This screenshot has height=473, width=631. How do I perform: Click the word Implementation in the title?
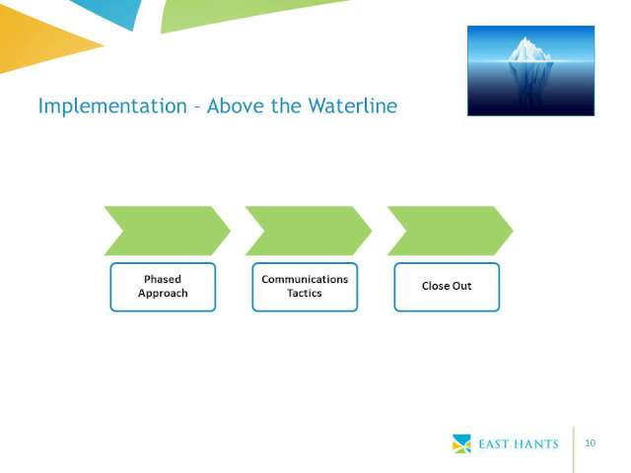(x=112, y=106)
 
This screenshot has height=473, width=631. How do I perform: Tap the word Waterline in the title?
(x=353, y=105)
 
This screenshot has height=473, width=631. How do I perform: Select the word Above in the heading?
(x=236, y=105)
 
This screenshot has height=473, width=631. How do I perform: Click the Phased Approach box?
(x=163, y=287)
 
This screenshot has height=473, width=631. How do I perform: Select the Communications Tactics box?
(x=305, y=287)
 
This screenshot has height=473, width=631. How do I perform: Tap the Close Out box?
(x=447, y=287)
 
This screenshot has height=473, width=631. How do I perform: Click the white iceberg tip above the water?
(x=528, y=50)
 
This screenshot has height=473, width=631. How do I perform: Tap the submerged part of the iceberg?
(x=529, y=83)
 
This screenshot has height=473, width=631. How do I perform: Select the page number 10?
(x=590, y=442)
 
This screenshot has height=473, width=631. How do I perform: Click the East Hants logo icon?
(x=461, y=443)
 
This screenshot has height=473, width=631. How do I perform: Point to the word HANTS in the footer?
(x=536, y=444)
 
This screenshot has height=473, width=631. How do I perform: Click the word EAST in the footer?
(x=493, y=444)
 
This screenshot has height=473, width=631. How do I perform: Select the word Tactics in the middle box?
(x=305, y=294)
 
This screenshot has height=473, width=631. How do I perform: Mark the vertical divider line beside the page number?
(x=573, y=449)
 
